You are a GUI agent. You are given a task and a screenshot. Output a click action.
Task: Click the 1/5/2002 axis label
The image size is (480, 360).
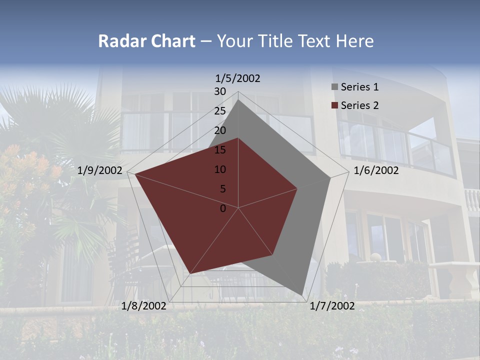point(238,78)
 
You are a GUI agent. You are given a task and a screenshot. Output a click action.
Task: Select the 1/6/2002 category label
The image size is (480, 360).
point(376,170)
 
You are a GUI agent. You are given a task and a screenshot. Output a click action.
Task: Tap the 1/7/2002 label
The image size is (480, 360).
point(332,305)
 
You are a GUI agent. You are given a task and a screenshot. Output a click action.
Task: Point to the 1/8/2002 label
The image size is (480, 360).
point(144,305)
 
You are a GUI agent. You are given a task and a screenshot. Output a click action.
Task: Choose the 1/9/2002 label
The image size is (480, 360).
point(100,170)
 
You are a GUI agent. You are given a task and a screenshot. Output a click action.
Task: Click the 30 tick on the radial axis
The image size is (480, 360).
point(220,91)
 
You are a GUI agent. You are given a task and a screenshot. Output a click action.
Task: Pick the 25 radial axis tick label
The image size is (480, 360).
point(220,111)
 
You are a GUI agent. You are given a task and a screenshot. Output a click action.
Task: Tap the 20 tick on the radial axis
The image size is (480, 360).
point(220,130)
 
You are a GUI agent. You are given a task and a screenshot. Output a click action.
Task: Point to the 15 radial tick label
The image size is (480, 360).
point(220,150)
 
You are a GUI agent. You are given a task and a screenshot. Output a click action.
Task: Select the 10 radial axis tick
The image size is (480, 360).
point(220,169)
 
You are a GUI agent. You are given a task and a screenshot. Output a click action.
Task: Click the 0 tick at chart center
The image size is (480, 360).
point(223,208)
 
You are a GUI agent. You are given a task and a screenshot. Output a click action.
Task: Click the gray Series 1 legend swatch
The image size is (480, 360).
point(335,87)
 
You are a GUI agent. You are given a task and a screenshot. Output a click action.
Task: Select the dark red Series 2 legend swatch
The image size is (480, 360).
point(335,105)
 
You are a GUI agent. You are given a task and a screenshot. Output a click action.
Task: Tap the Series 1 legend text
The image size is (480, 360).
point(359,87)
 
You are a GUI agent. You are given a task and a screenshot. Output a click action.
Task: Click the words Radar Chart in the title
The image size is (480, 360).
point(146,41)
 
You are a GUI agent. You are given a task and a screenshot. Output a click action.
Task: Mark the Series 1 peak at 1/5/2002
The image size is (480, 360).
point(238,99)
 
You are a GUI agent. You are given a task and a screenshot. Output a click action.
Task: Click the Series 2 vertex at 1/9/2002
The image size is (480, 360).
point(135,174)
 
